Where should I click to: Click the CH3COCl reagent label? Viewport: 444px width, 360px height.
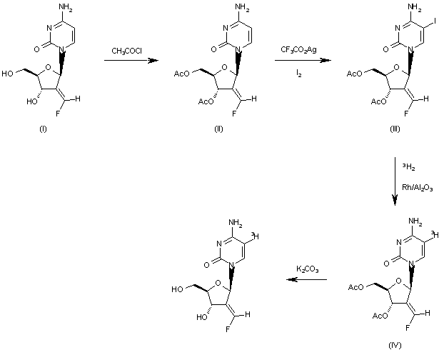[126, 51]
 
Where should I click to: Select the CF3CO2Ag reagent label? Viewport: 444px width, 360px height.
[296, 49]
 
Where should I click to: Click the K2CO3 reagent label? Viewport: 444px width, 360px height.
[308, 269]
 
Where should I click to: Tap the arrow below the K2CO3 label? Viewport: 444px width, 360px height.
[306, 280]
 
